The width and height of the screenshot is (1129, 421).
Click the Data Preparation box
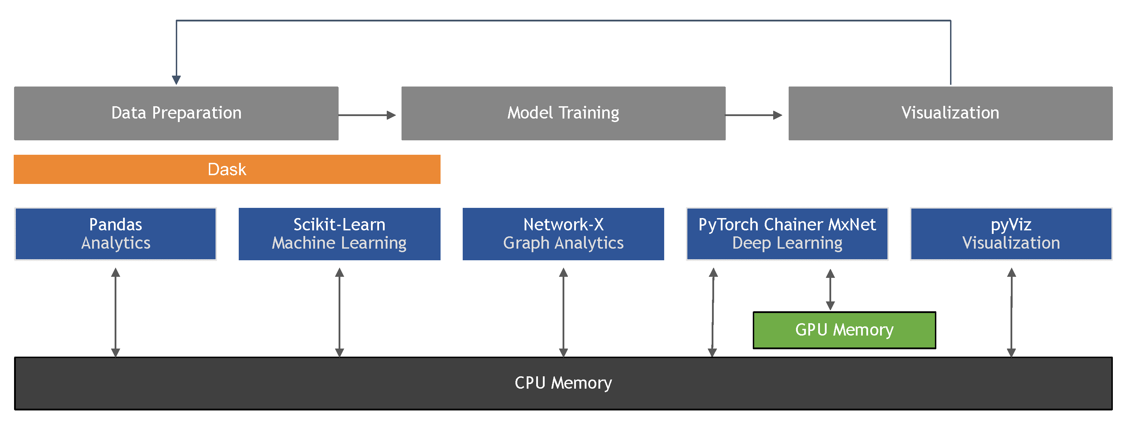(x=176, y=113)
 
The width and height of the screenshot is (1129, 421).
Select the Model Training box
(x=563, y=113)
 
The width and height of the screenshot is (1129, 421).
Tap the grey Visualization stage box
(x=950, y=113)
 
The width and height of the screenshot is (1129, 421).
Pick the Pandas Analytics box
(x=116, y=234)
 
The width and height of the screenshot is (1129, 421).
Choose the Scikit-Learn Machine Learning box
(x=339, y=234)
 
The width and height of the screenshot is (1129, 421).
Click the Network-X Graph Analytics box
(x=563, y=234)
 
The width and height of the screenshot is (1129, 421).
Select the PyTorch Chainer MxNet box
(x=787, y=234)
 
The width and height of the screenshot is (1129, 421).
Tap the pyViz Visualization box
(x=1011, y=234)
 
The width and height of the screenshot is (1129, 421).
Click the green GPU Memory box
(x=844, y=330)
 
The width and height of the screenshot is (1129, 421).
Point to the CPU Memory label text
(x=563, y=383)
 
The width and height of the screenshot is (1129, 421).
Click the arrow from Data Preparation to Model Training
(x=367, y=115)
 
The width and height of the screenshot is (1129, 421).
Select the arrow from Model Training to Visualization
(x=754, y=115)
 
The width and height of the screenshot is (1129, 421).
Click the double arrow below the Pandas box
(x=116, y=312)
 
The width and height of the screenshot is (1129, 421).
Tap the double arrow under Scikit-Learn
(x=339, y=312)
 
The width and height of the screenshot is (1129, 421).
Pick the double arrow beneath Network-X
(x=564, y=312)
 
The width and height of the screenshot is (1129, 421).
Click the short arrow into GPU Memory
(x=830, y=289)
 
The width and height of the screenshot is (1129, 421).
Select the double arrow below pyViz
(x=1012, y=312)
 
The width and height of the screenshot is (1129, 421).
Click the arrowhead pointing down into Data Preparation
(x=176, y=79)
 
